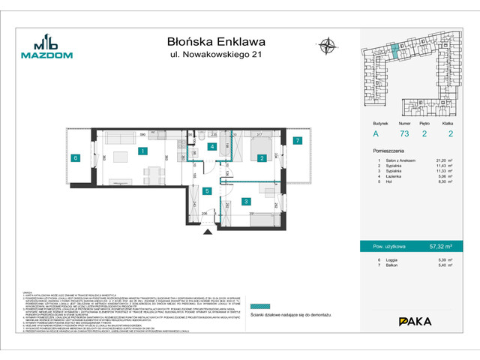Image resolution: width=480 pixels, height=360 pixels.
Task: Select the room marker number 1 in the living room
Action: [142, 151]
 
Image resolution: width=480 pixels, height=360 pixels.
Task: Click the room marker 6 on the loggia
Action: [76, 157]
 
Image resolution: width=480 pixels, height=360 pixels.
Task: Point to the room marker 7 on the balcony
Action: [296, 140]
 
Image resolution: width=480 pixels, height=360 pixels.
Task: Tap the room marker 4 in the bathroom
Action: [212, 147]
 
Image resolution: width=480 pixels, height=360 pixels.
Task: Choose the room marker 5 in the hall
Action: [206, 191]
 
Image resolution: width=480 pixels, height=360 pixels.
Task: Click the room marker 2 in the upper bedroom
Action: [261, 158]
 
